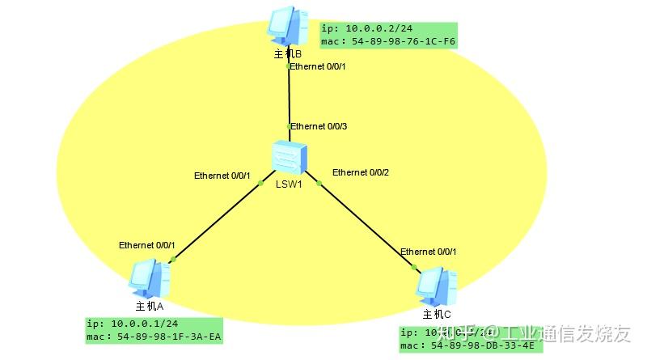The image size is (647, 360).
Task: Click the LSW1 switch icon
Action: [289, 157]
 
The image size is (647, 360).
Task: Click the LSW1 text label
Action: [288, 184]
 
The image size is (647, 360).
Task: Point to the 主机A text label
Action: [150, 306]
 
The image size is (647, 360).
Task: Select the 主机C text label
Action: [437, 314]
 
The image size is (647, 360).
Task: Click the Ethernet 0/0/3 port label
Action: [319, 126]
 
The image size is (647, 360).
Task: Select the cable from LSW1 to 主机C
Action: [364, 223]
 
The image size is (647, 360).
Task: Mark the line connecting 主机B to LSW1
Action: [289, 97]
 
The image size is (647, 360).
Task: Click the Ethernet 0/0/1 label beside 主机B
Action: [318, 66]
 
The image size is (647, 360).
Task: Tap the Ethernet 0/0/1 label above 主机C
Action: [429, 252]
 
